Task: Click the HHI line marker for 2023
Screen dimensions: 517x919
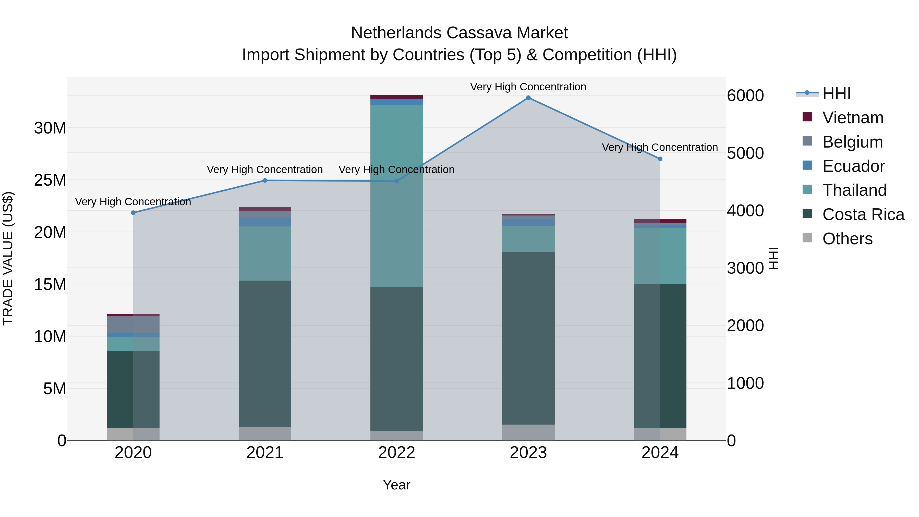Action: (x=528, y=98)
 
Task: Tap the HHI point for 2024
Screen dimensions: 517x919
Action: (x=660, y=159)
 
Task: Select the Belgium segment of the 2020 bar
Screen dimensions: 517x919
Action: (x=133, y=324)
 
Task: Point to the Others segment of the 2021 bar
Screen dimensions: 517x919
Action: (x=265, y=434)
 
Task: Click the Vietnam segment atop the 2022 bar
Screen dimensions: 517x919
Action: (x=396, y=97)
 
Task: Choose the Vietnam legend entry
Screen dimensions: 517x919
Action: (x=853, y=118)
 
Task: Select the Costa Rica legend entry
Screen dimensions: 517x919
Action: (x=863, y=214)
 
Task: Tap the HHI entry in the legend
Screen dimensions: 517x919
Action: (x=836, y=93)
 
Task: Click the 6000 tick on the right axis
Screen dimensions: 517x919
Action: (x=745, y=96)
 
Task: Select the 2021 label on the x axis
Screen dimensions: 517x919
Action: (x=265, y=453)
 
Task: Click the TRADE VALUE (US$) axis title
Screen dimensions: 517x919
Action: (x=8, y=258)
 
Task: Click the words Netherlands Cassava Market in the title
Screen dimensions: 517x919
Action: (x=459, y=33)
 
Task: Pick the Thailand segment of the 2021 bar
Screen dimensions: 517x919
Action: (x=265, y=253)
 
